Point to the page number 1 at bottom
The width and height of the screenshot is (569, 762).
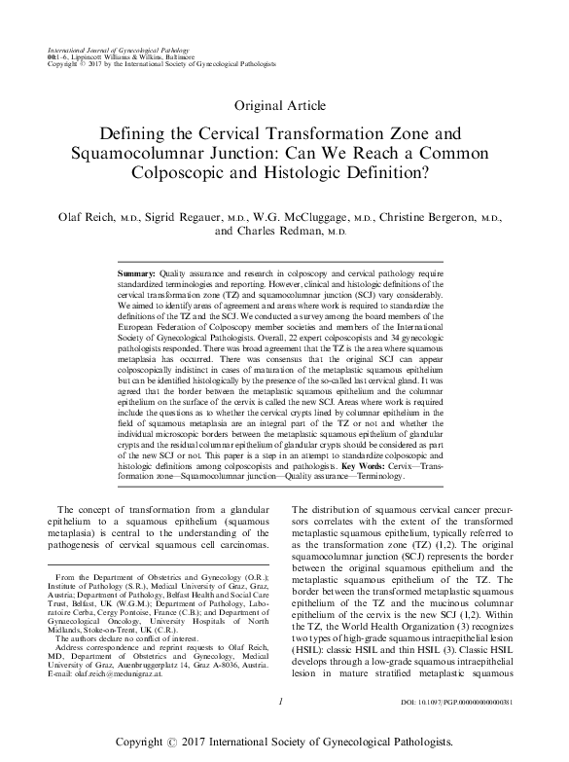point(280,726)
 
